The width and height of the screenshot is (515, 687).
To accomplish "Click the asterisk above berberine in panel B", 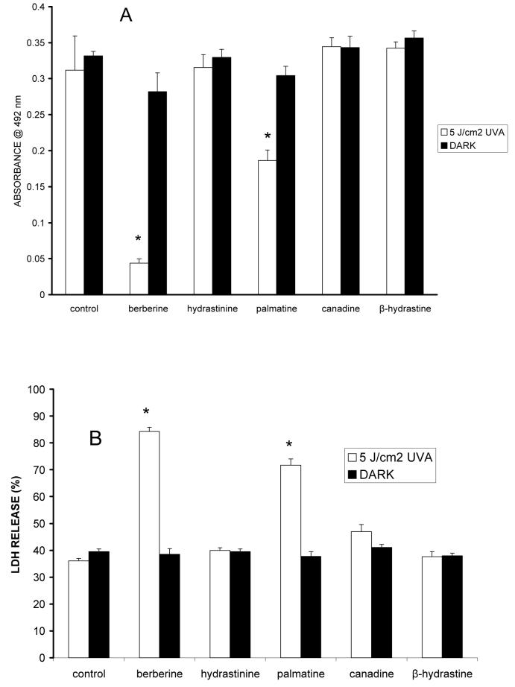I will coord(147,412).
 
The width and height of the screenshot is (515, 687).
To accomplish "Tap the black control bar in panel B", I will coord(100,604).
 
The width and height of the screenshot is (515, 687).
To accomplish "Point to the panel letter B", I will coord(95,439).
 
